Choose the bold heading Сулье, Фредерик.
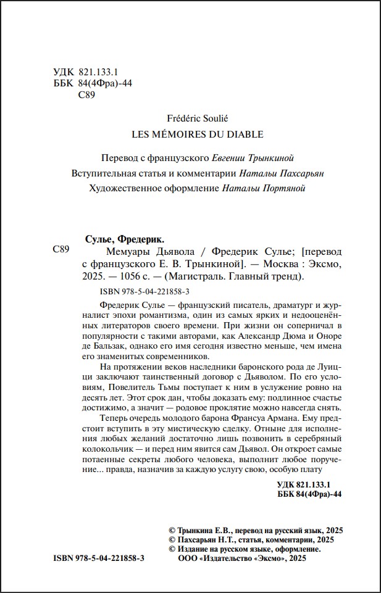pos(124,239)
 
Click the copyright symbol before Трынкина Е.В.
pos(172,530)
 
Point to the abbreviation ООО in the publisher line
pos(188,558)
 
